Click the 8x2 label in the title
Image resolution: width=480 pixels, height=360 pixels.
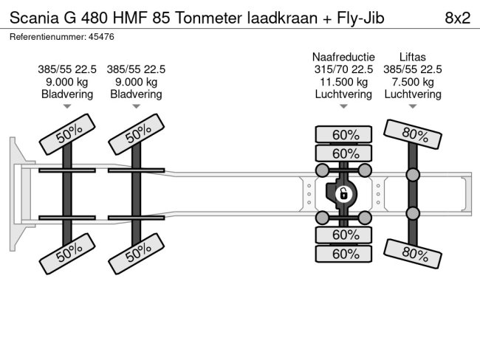click(457, 18)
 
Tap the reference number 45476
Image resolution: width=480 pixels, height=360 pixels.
click(100, 36)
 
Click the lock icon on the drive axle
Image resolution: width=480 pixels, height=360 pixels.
click(343, 195)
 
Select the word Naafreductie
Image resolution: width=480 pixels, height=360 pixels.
click(343, 57)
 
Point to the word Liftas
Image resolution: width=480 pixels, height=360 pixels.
click(412, 57)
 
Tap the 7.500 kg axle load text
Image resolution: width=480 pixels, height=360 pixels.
click(412, 82)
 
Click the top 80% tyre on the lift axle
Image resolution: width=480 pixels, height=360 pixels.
click(415, 135)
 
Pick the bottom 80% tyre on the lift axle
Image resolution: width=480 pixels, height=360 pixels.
click(415, 255)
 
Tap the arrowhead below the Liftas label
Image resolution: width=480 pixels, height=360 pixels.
click(412, 108)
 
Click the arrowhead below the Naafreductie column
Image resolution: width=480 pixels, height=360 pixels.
click(343, 108)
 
